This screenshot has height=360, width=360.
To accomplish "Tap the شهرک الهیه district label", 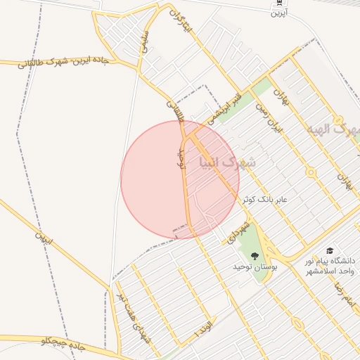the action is point(333,130).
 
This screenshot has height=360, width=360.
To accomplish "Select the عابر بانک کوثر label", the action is point(265,200).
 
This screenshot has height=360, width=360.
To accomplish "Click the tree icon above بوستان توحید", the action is point(254,257).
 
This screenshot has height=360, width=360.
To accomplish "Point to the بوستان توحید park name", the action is point(256,268).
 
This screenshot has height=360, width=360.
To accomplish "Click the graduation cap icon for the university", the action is point(329,251).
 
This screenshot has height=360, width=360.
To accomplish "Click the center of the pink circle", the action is point(180,179).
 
